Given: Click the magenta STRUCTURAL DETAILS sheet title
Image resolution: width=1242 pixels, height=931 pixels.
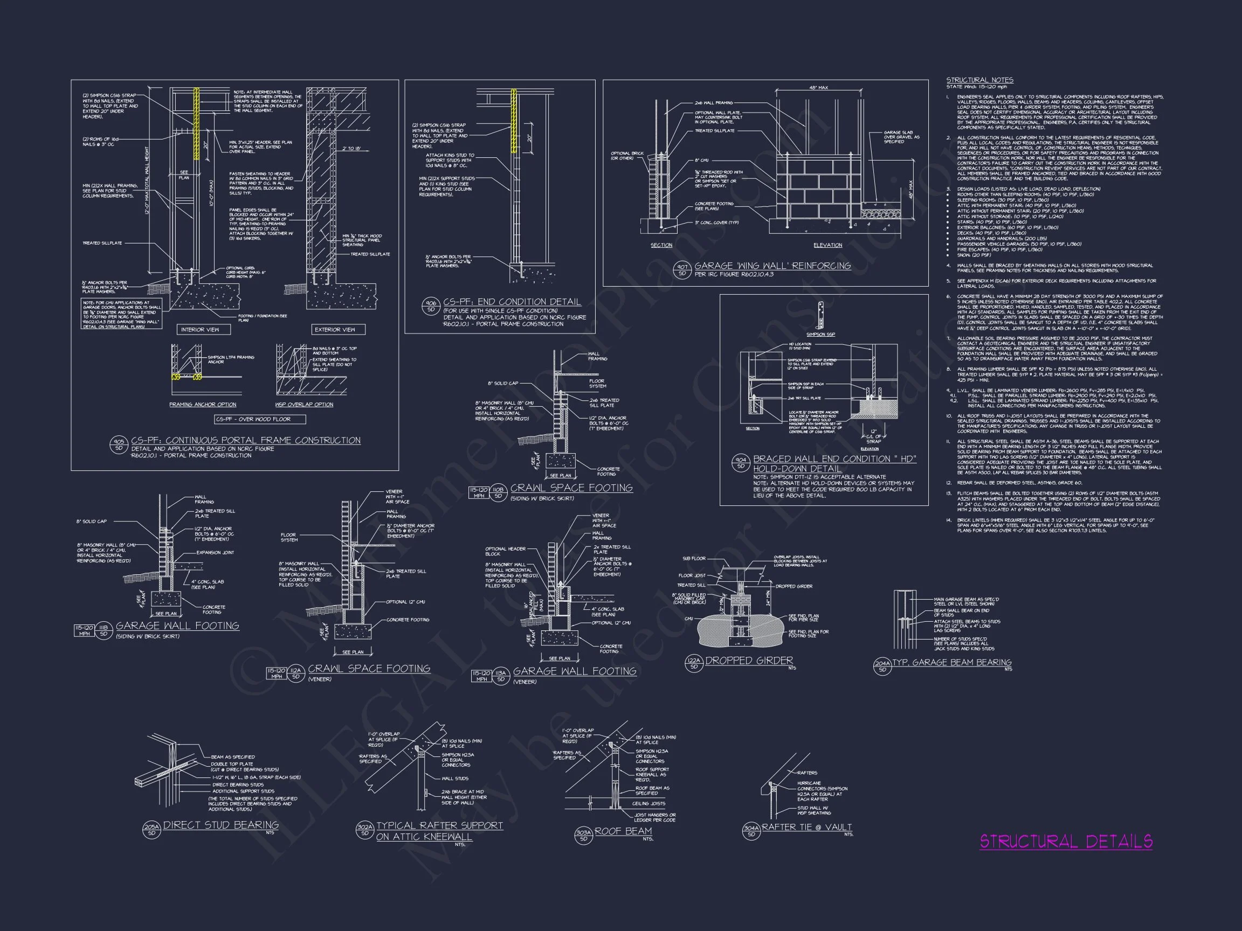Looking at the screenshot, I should pos(1066,841).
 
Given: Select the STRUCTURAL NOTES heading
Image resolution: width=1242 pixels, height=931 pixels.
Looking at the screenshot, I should pos(980,80).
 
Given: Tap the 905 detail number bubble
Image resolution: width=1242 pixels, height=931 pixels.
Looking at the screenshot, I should pos(119,444).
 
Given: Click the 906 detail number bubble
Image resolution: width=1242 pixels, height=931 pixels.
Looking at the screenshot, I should pos(431,306).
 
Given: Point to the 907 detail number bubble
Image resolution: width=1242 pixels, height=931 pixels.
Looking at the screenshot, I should pos(682,269).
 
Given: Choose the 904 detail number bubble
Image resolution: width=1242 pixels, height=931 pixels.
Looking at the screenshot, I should pos(741,462).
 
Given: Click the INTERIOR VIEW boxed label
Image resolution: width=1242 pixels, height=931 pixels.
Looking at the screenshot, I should pos(200,329).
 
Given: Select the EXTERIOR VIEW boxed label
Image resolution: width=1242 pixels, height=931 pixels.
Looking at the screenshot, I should pos(335,329).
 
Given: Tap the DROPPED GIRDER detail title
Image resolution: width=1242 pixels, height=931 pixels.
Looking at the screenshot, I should pos(749,661).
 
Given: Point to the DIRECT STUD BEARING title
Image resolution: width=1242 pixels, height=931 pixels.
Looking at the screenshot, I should pos(220,825).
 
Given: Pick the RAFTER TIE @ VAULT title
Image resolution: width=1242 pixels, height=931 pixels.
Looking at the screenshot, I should pos(807,827).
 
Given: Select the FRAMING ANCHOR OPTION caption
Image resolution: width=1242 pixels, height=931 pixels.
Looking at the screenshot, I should pos(203,404).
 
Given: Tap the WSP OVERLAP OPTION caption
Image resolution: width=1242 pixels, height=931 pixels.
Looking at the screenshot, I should pos(305,404).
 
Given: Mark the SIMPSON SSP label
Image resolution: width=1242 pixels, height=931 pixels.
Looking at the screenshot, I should pos(820,334).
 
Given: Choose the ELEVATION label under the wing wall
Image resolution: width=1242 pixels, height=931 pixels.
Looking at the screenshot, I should pos(827,245).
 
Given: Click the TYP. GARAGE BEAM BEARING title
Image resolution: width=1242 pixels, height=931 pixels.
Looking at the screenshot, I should pos(951,662).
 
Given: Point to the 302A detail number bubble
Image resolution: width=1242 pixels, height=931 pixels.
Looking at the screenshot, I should pos(365,829).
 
